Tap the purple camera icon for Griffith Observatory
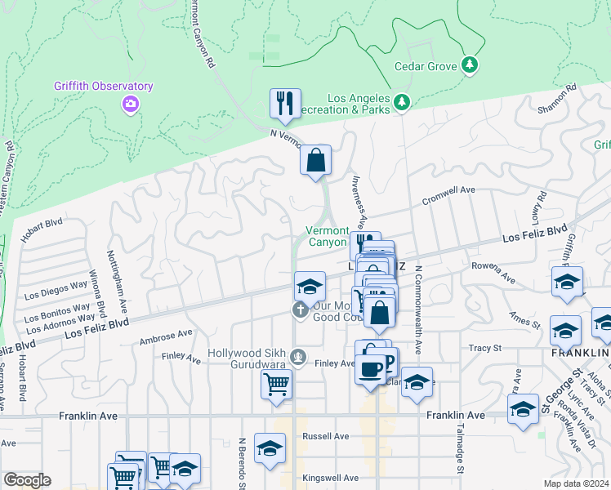[130, 104]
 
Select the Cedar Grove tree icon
[470, 64]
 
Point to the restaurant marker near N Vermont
[285, 104]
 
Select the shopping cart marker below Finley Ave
[277, 384]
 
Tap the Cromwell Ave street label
[448, 195]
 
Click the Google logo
[26, 480]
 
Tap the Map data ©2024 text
[577, 483]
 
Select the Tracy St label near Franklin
[484, 348]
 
